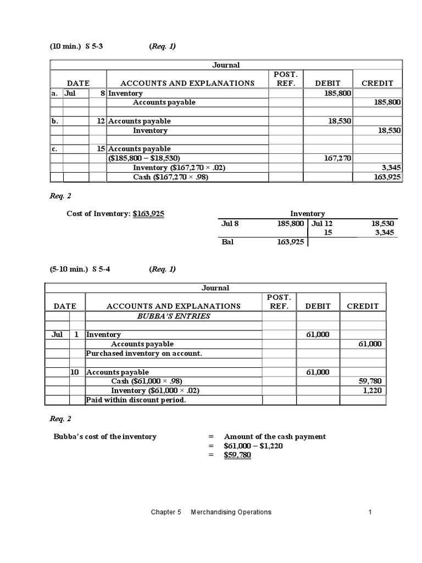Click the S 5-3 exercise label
point(94,46)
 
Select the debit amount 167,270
point(336,158)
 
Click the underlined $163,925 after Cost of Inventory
point(148,213)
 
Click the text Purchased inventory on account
point(144,353)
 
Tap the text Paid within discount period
point(136,400)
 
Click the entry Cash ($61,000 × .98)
point(146,381)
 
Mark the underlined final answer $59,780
point(237,455)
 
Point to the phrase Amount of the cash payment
point(275,437)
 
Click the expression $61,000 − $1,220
point(253,446)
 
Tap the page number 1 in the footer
point(370,512)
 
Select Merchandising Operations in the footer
point(231,512)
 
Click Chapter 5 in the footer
point(166,512)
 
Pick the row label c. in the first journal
point(55,149)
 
